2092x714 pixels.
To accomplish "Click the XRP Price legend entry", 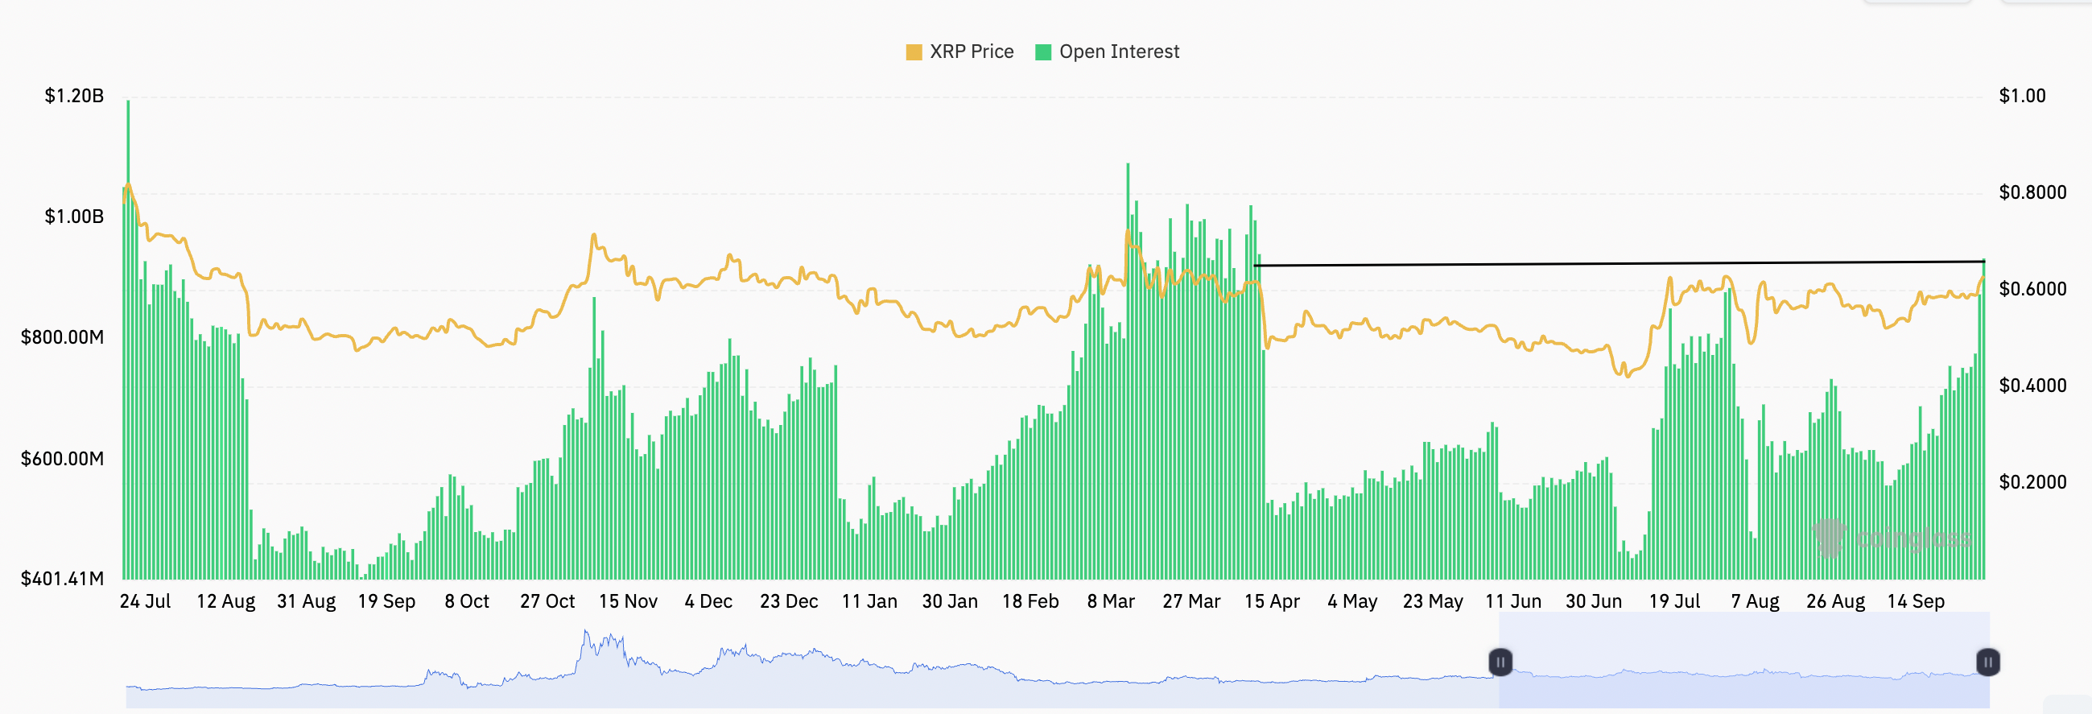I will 960,52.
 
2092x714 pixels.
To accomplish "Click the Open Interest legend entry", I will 1108,52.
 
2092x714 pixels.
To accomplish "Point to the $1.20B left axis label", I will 74,96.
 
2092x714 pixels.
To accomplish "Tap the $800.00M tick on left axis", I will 63,337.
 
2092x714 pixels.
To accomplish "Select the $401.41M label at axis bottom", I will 63,578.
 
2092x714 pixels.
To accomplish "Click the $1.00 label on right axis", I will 2022,96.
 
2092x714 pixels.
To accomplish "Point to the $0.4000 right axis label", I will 2032,385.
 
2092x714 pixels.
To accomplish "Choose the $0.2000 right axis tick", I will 2032,481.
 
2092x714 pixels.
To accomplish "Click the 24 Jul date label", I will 146,601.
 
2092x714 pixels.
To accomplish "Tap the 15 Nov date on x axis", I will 628,601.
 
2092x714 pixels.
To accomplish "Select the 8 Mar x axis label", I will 1111,601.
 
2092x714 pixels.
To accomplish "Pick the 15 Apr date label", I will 1272,601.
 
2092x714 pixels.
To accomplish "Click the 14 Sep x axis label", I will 1916,601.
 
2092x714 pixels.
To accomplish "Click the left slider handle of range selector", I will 1500,662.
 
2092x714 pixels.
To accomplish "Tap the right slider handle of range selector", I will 1987,662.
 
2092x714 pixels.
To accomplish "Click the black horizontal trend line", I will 1624,263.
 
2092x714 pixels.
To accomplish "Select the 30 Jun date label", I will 1594,601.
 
